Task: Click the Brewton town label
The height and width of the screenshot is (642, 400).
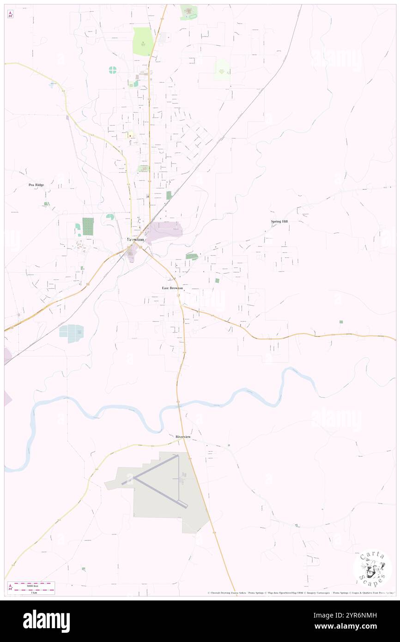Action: (x=135, y=240)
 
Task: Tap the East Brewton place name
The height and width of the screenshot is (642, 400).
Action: (x=172, y=288)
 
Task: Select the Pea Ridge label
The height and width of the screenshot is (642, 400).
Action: (x=36, y=185)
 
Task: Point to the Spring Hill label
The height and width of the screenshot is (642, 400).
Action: (x=279, y=222)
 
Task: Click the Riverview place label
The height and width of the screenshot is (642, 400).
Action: (x=183, y=436)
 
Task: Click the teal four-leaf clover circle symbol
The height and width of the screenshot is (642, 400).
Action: (x=112, y=70)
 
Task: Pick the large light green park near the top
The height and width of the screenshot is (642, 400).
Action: (x=143, y=42)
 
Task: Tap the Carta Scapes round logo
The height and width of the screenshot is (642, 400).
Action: (x=372, y=568)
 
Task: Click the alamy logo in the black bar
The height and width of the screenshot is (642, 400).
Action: (x=46, y=621)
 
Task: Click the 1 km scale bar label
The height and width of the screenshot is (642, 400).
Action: (x=31, y=593)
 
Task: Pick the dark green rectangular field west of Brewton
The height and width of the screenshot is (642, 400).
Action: (x=88, y=226)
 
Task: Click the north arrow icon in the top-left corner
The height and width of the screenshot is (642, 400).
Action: (x=10, y=14)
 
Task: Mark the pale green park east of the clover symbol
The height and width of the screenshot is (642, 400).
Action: (x=222, y=70)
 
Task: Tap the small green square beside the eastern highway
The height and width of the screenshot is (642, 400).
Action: (x=341, y=321)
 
